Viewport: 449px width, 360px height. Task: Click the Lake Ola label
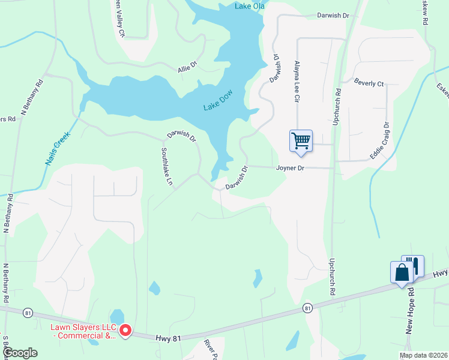coord(250,6)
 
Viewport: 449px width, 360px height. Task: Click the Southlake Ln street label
coord(165,166)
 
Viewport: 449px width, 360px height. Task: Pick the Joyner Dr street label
coord(291,168)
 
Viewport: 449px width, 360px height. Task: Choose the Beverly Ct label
coord(369,83)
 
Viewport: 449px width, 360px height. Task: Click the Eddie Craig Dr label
coord(380,140)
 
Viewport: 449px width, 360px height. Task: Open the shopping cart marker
coord(301,141)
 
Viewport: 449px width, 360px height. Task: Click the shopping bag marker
coord(402,272)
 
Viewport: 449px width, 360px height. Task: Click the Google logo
coord(19,353)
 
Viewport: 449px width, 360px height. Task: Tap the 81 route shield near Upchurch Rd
coord(307,308)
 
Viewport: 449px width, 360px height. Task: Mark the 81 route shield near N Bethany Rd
coord(27,313)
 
